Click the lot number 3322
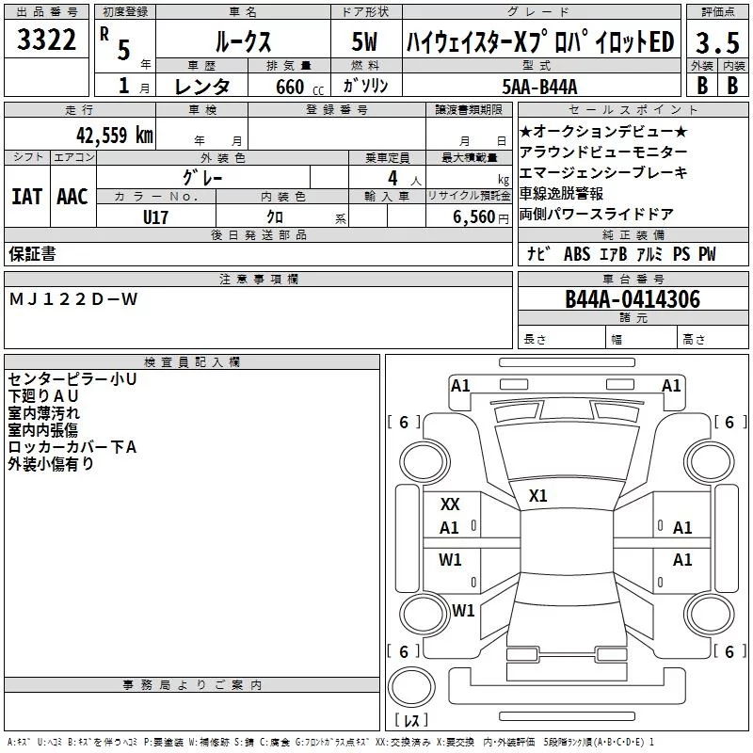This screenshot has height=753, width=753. click(x=46, y=40)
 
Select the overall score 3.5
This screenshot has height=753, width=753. click(x=717, y=42)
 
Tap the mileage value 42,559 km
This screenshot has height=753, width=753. click(x=114, y=136)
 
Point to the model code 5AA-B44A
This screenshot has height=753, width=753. click(x=539, y=87)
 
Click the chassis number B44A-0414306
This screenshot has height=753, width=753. click(x=633, y=298)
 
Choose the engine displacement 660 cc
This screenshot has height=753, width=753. click(x=299, y=87)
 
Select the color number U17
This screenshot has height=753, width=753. click(x=155, y=217)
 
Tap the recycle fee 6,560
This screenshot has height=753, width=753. click(x=473, y=217)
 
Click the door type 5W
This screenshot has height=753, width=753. click(x=364, y=41)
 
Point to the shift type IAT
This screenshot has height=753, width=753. click(x=26, y=197)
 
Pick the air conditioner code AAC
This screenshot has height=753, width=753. click(x=72, y=197)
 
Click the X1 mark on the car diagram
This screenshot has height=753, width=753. click(x=537, y=496)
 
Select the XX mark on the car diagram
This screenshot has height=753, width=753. click(x=450, y=505)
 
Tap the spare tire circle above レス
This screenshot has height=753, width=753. click(x=411, y=687)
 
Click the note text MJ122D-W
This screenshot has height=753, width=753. click(x=73, y=299)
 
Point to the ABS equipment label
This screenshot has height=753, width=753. click(x=577, y=254)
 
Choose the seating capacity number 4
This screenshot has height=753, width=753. click(x=393, y=178)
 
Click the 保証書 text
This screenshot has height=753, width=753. click(x=32, y=253)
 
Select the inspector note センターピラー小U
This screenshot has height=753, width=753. click(x=72, y=379)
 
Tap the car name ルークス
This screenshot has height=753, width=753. click(x=244, y=42)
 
